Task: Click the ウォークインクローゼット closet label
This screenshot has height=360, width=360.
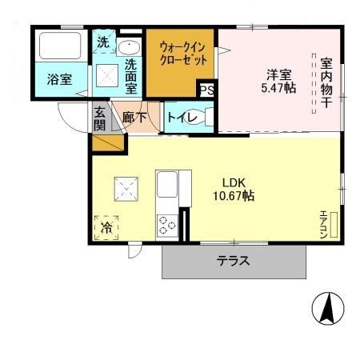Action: coord(183,53)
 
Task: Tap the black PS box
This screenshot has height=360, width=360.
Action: coord(207,90)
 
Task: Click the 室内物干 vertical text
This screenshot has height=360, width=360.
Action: coord(326,87)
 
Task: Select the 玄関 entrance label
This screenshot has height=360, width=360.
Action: coord(99,118)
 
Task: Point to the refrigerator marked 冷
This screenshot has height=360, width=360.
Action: coord(107,226)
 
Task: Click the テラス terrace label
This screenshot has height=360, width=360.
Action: coord(234,260)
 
